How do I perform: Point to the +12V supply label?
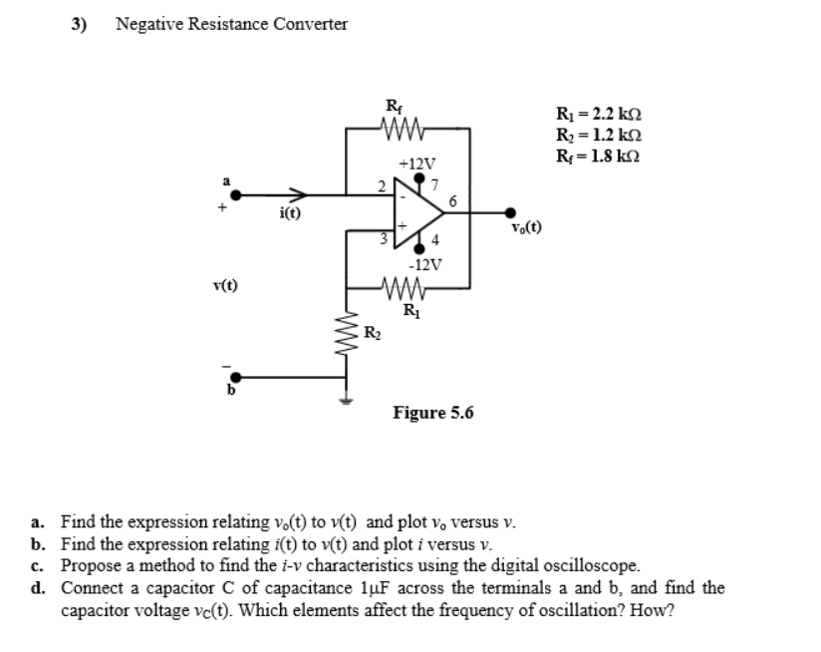pos(415,163)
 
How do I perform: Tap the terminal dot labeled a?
pos(237,195)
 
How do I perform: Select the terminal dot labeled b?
pos(237,378)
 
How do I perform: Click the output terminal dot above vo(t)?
pos(512,211)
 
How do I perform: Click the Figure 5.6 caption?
pos(433,412)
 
